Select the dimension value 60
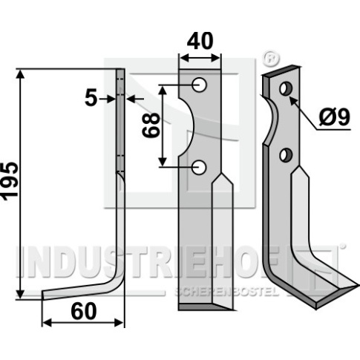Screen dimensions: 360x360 pyautogui.click(x=83, y=312)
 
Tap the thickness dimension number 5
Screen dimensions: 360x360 pyautogui.click(x=91, y=98)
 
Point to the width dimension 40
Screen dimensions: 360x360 pyautogui.click(x=200, y=41)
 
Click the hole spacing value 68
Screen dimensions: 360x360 pyautogui.click(x=151, y=125)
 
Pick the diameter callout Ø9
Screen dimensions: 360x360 pyautogui.click(x=334, y=117)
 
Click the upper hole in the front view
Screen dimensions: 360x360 pyautogui.click(x=200, y=85)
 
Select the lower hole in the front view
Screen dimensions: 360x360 pyautogui.click(x=199, y=167)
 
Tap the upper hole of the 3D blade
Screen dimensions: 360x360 pyautogui.click(x=286, y=88)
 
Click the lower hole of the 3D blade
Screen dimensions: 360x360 pyautogui.click(x=286, y=155)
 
